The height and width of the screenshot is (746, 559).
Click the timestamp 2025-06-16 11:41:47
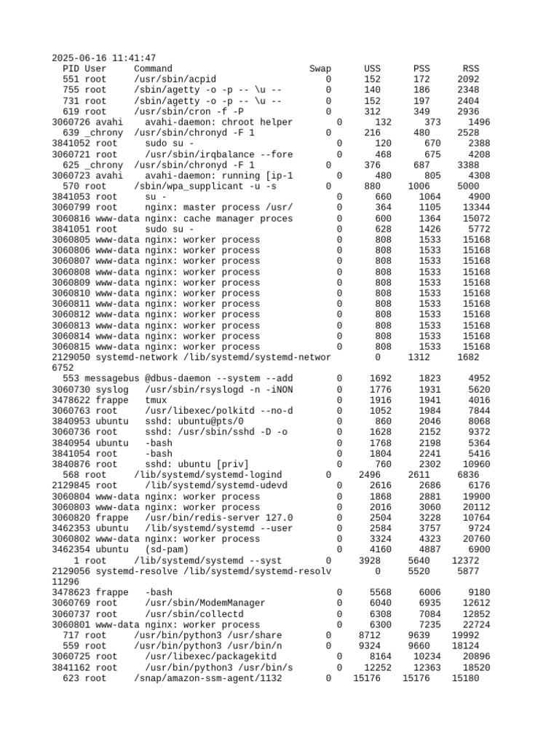point(103,58)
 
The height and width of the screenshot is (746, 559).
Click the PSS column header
point(421,68)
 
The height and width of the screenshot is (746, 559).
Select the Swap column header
point(320,68)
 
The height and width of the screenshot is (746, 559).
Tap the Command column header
point(154,68)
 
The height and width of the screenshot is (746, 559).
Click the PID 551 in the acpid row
point(71,79)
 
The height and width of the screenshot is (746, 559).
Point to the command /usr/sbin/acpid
point(175,79)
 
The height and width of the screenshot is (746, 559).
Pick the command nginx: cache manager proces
point(219,219)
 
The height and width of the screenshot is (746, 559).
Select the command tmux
point(156,400)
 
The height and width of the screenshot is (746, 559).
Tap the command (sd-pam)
point(167,550)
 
